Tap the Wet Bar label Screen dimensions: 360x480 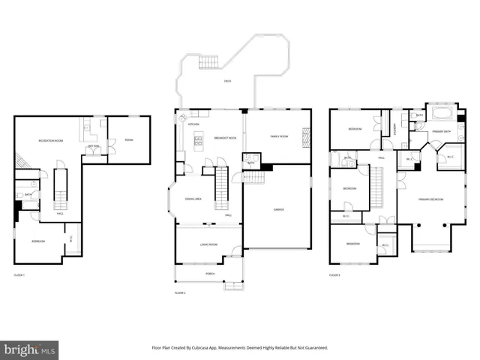(94, 145)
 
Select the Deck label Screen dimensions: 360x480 (226, 82)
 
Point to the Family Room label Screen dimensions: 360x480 (278, 136)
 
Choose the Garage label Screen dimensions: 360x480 (277, 209)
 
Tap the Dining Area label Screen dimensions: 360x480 (192, 199)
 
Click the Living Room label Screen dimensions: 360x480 (208, 244)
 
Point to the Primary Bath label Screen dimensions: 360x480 (441, 132)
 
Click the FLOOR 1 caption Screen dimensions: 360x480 (19, 276)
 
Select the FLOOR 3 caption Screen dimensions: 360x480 (334, 276)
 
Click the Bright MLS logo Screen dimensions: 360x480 (30, 349)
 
